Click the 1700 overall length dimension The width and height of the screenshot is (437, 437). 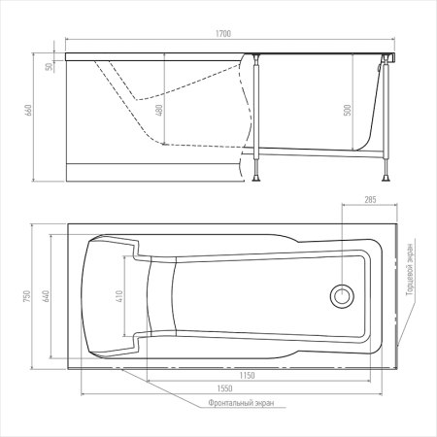223,34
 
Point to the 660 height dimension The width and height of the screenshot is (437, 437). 28,111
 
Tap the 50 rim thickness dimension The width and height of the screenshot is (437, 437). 49,67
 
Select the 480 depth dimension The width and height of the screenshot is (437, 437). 159,110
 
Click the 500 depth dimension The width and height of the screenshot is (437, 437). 348,110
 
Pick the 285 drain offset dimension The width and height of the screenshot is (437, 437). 370,200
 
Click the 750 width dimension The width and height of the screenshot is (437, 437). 27,296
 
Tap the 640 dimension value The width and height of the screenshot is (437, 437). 47,296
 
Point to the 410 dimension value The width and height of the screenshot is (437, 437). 119,296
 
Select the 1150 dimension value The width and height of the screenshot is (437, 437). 247,376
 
